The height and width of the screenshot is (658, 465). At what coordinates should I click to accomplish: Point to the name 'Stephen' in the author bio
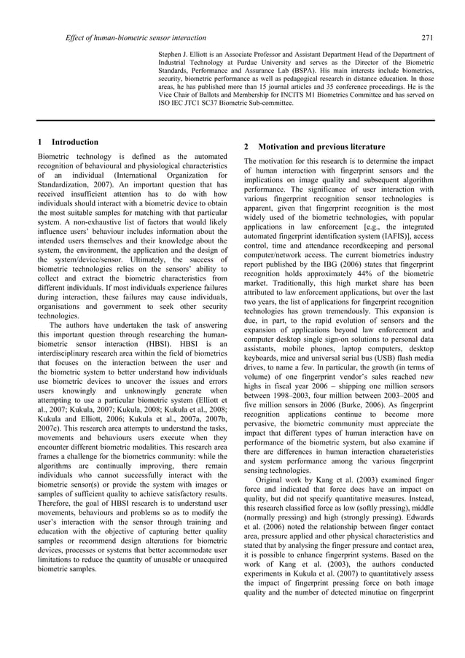[x=172, y=55]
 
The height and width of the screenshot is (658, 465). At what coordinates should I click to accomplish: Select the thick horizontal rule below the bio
[x=232, y=120]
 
